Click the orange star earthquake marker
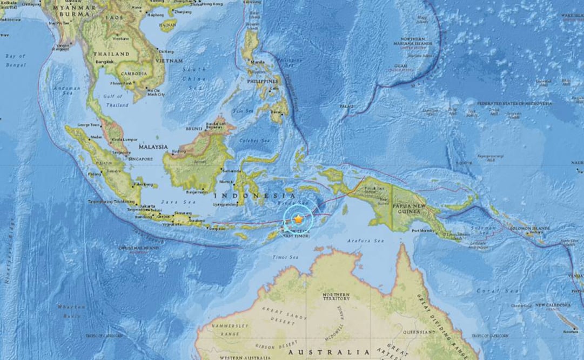298,219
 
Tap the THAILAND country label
111,54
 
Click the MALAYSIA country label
153,146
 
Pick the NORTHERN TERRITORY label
336,297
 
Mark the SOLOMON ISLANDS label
532,229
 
